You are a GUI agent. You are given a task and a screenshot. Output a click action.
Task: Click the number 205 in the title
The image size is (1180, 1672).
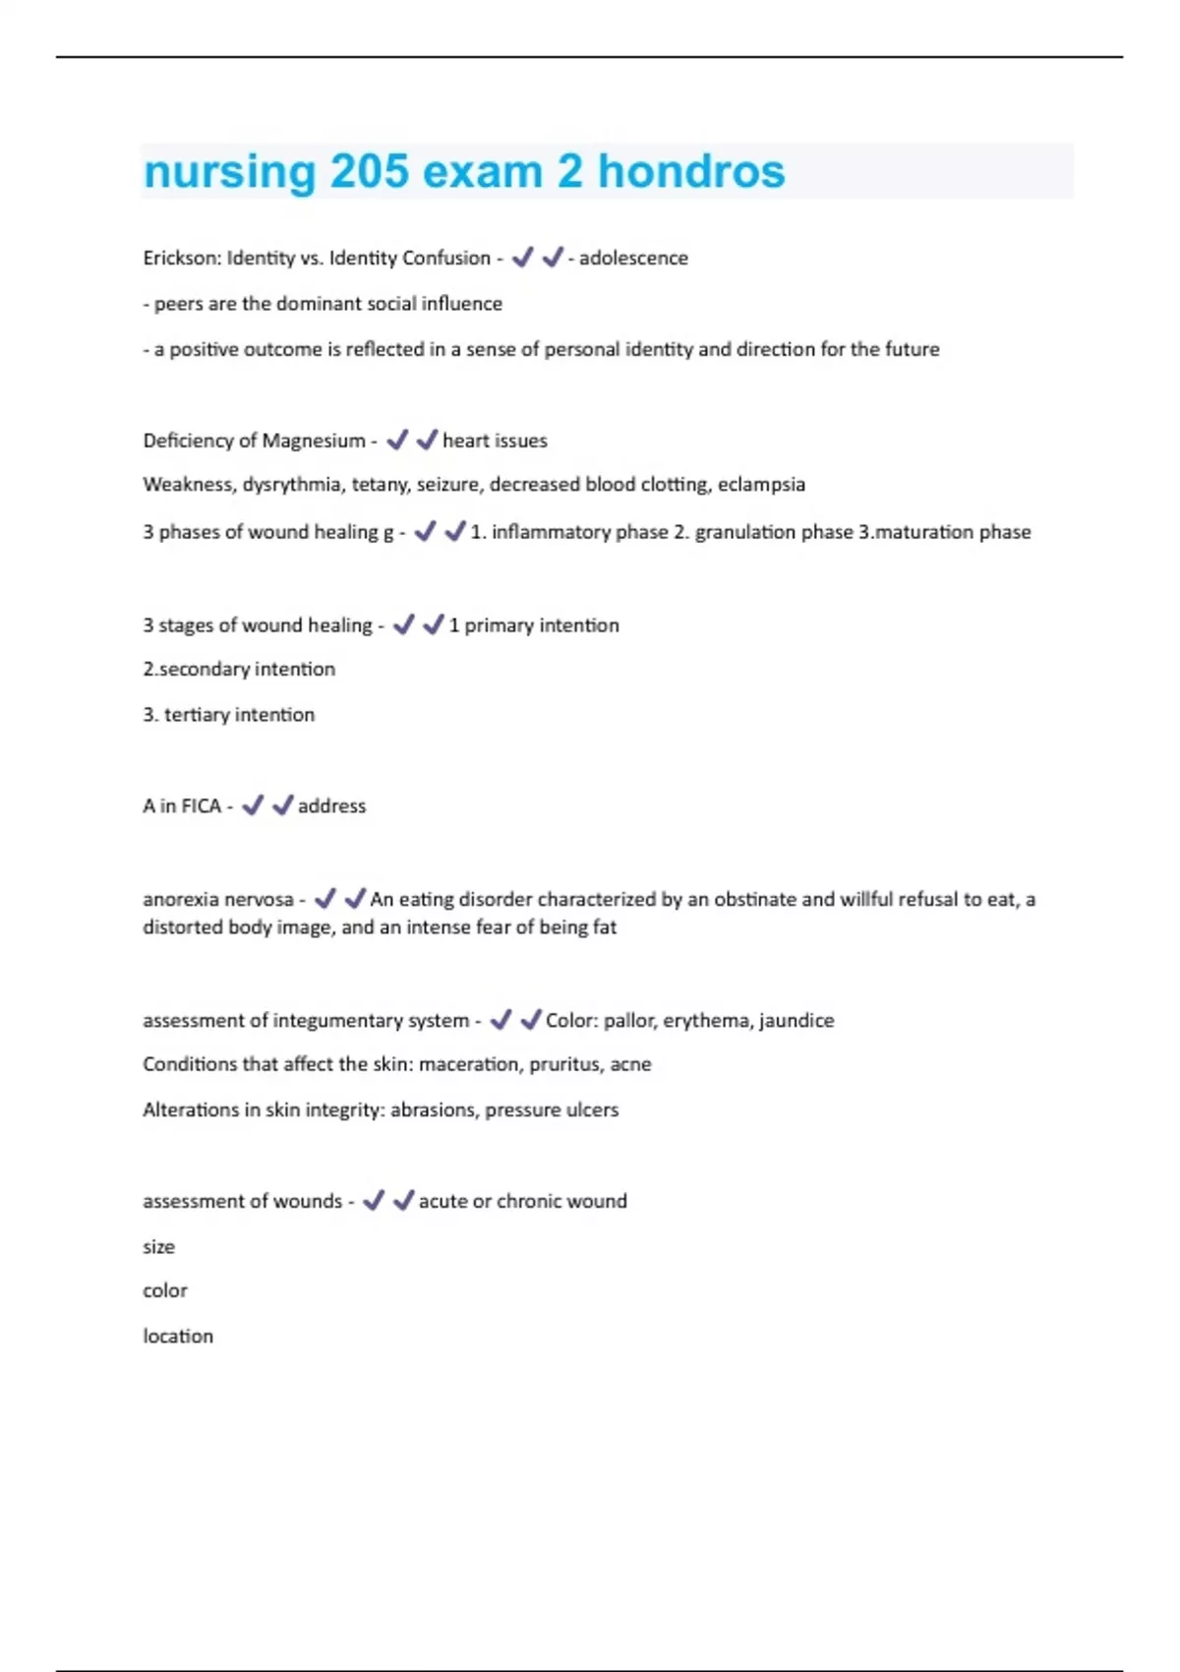369,172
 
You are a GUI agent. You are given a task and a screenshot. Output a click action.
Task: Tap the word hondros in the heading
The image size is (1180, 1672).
691,172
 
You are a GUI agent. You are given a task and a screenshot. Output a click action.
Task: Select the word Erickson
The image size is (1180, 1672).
182,258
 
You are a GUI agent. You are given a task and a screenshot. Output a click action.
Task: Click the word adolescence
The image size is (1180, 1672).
633,258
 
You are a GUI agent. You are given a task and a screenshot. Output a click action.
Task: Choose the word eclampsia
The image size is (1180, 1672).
761,484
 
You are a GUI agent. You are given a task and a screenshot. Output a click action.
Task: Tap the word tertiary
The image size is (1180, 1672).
197,715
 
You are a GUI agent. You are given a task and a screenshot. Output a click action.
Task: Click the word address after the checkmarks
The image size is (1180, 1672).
331,806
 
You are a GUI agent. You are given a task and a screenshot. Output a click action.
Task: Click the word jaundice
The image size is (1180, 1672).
796,1021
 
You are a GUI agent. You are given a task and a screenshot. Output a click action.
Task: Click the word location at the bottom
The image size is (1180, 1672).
178,1337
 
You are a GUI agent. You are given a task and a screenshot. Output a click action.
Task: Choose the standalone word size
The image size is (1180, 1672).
158,1247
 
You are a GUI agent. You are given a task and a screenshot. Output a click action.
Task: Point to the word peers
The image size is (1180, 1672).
179,304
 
